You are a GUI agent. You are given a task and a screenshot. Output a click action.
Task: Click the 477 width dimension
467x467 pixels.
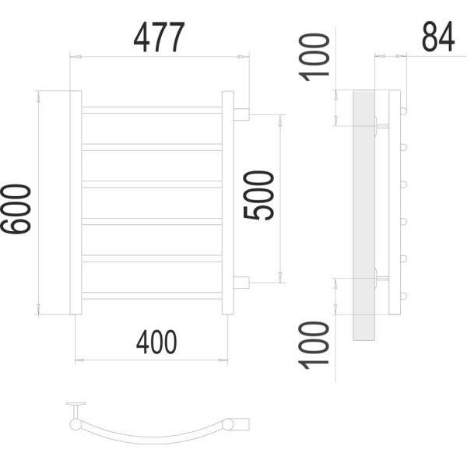point(159,37)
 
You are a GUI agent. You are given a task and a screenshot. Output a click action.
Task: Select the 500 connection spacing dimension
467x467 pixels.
point(258,195)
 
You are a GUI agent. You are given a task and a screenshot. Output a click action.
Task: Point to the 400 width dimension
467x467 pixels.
point(156,342)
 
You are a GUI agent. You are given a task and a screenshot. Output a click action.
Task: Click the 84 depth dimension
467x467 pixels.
point(438,37)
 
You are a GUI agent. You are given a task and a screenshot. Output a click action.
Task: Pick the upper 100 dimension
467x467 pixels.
point(314,57)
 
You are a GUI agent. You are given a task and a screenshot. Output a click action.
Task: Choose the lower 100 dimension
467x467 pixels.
point(314,345)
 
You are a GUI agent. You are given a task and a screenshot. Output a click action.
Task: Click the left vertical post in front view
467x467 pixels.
point(75,202)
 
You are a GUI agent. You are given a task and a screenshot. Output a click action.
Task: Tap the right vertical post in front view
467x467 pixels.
point(228,203)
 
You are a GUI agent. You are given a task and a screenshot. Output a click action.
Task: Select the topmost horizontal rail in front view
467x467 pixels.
point(152,110)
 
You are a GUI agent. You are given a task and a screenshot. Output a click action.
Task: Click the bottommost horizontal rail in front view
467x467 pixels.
point(152,296)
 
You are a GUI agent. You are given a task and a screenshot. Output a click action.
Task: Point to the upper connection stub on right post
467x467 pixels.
point(241,114)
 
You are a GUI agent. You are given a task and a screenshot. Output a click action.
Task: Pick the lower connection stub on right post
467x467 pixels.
point(241,283)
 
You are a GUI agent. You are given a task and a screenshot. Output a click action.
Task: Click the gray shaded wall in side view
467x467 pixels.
point(363,216)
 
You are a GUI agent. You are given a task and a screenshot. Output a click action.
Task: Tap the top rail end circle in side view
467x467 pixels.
point(403,111)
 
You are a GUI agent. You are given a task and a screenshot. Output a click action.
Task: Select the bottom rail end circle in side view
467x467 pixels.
point(403,297)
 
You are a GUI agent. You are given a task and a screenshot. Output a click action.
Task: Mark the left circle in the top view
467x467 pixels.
point(75,424)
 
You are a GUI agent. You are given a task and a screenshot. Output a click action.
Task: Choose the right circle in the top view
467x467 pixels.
point(228,424)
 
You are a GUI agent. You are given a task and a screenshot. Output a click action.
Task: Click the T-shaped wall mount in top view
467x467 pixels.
point(75,410)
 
